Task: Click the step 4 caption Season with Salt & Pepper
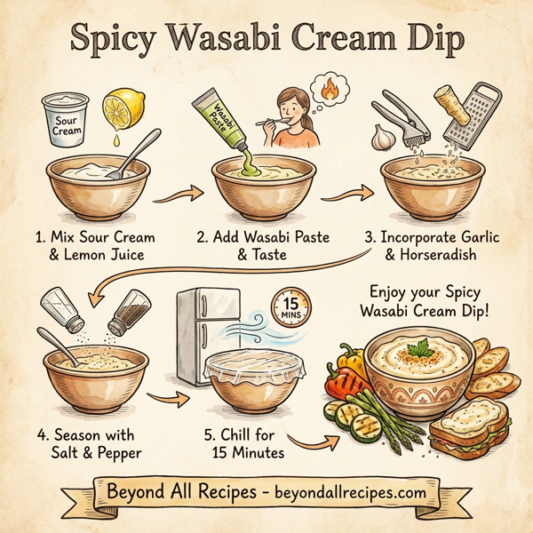87,444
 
